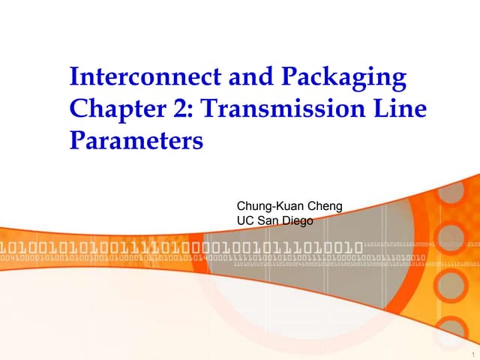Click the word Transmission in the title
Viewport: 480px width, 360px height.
click(286, 109)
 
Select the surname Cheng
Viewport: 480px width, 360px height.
click(324, 205)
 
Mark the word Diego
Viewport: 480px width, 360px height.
click(298, 220)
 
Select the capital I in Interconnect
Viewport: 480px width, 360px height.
click(73, 77)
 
